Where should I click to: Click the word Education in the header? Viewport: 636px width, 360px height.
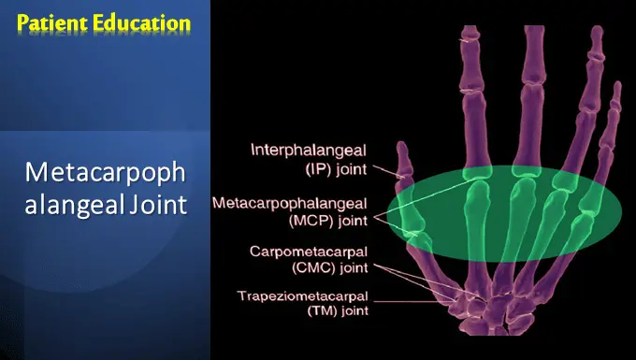point(138,21)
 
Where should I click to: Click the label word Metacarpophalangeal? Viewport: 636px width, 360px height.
point(290,202)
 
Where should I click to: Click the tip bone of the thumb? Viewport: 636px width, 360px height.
point(401,155)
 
